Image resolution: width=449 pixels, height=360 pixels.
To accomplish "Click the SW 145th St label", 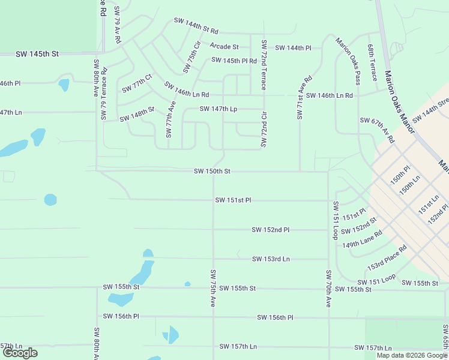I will (x=38, y=54).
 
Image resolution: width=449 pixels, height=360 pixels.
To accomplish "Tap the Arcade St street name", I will (x=224, y=46).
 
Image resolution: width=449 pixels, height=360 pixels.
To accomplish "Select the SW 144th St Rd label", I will (x=196, y=25).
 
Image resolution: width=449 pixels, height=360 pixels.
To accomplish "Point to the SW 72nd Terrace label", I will (x=264, y=65).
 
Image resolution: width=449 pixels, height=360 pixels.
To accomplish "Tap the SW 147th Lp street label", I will (x=218, y=109).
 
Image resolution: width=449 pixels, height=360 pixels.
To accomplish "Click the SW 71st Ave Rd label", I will (x=304, y=97).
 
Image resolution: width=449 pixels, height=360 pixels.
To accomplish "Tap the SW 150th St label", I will (x=212, y=171).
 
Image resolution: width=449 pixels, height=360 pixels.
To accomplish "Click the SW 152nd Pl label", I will (x=271, y=230).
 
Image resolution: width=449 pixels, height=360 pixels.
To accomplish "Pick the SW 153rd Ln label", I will (x=271, y=259).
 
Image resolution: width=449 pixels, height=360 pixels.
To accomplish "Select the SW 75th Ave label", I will (x=212, y=289).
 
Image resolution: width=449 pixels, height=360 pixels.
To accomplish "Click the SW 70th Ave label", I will (x=328, y=289).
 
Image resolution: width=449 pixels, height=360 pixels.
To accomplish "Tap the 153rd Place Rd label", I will (x=387, y=257).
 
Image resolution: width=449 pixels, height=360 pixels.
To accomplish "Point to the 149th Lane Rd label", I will (x=362, y=240).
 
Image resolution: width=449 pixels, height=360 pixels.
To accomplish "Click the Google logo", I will (x=20, y=352).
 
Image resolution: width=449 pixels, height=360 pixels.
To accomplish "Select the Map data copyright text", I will (x=411, y=355).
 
